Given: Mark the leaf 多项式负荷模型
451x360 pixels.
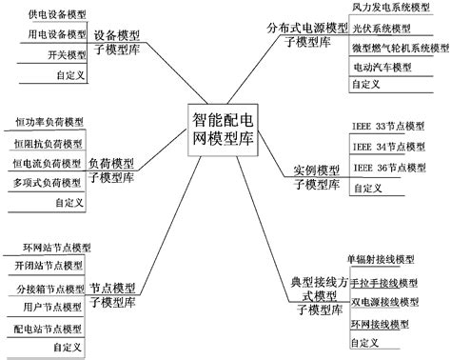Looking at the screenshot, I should (x=49, y=182).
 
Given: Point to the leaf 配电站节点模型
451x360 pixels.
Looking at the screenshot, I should (x=49, y=330).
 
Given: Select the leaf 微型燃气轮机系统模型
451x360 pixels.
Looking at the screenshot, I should (x=399, y=48).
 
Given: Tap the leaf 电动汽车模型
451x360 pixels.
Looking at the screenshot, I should (x=382, y=68).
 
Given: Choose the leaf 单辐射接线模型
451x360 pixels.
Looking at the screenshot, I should (x=381, y=260).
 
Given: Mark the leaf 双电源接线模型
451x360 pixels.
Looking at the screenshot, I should (x=384, y=302).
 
